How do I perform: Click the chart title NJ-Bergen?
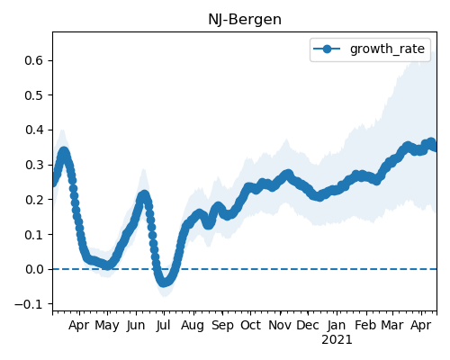coord(245,20)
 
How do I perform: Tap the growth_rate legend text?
coord(387,49)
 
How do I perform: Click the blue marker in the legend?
coord(327,49)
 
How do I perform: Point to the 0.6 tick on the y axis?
coord(34,60)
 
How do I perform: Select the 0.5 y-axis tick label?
coord(34,95)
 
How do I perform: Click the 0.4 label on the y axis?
coord(34,130)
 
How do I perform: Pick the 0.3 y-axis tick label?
coord(34,165)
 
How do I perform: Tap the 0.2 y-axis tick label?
coord(34,200)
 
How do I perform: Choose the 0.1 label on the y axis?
coord(34,235)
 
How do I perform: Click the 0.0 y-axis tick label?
coord(34,269)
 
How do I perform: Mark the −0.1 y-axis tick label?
coord(29,304)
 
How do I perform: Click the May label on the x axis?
coord(107,326)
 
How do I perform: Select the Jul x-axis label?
coord(164,325)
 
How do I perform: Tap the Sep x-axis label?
coord(222,326)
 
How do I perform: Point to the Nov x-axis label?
coord(280,325)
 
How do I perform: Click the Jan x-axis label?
coord(337,325)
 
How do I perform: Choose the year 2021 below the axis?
coord(337,340)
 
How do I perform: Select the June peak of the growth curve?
coord(144,195)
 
